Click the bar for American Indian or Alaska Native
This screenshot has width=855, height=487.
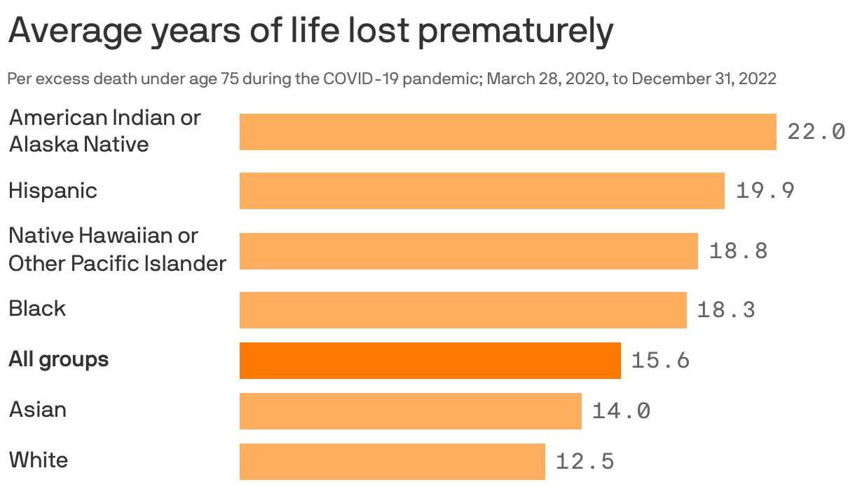pos(507,132)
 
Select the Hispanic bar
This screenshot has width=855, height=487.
pos(481,191)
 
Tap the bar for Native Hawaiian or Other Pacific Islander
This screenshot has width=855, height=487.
pos(468,251)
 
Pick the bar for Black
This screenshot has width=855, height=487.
pos(463,309)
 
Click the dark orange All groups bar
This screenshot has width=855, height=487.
pos(430,360)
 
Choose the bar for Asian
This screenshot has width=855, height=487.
pos(410,411)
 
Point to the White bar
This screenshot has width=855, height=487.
pos(392,461)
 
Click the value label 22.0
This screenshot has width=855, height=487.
pos(816,132)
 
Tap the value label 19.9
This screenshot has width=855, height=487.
pos(765,191)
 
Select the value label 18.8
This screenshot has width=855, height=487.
pos(738,251)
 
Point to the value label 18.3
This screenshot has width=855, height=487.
pos(726,310)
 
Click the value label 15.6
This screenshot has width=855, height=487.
pos(660,361)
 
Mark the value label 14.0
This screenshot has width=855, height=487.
pos(621,411)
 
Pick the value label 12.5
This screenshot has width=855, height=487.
pos(584,462)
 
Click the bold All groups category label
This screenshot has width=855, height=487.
pos(59,360)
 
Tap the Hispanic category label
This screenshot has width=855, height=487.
pos(53,191)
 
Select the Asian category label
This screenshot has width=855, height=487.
pos(38,410)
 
